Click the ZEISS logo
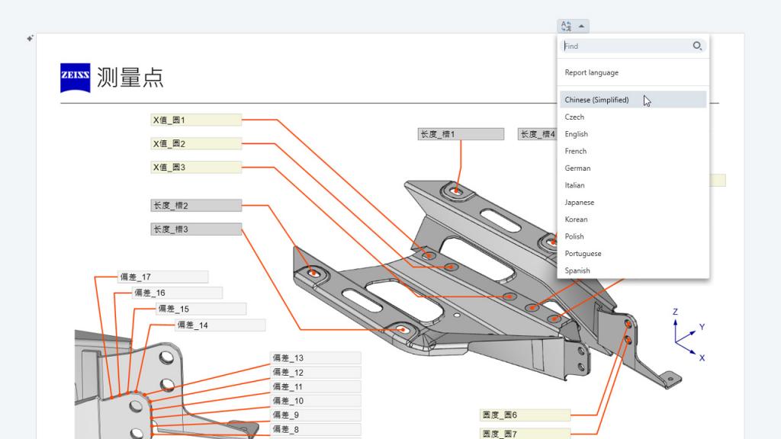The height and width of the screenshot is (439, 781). [76, 78]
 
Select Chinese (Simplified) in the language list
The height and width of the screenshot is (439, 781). [596, 100]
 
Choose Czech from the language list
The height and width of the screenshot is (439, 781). [574, 117]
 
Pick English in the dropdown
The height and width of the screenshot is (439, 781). [576, 134]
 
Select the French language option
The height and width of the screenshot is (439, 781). [575, 151]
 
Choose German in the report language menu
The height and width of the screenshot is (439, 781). [577, 168]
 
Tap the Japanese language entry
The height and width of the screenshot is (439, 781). [579, 203]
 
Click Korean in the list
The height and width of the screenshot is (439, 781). [576, 219]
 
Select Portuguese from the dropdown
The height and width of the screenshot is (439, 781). [583, 254]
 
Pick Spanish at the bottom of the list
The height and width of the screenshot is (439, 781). [577, 271]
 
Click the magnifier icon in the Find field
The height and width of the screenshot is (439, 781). [697, 46]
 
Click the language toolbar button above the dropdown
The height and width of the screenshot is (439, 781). [573, 26]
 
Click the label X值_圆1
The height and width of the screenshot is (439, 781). [196, 120]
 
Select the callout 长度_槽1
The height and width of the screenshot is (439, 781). [461, 134]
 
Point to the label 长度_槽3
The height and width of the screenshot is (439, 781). [196, 229]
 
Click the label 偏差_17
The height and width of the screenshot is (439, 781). [162, 277]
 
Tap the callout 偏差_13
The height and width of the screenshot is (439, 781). [315, 358]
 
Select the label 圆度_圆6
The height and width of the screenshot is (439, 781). [525, 415]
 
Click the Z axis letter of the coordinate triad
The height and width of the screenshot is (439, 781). [675, 312]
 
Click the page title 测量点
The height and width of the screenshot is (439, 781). [130, 78]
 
